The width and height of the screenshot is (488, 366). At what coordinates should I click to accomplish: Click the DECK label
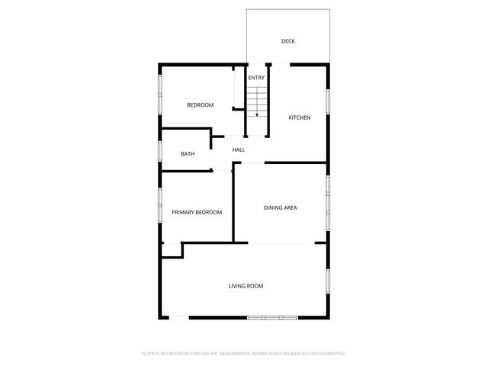coord(287,41)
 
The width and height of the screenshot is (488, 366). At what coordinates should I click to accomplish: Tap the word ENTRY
coord(256,78)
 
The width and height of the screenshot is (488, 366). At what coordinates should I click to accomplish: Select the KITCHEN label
coord(299,117)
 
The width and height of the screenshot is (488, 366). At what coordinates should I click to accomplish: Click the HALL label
coord(239,150)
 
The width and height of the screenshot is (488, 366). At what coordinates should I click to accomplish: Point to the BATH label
coord(188,154)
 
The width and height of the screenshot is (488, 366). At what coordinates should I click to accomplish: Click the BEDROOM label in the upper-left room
coord(201,104)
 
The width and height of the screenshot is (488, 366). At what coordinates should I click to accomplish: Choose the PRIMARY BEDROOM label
coord(197,212)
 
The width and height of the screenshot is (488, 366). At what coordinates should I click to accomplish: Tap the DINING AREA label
coord(280,207)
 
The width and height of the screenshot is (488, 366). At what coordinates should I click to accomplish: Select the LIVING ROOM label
coord(246,286)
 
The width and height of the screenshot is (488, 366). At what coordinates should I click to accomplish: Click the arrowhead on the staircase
coord(257,114)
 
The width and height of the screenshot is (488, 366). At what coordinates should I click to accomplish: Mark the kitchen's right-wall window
coord(328,101)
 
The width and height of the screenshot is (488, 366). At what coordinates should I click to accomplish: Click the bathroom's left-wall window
coord(159,152)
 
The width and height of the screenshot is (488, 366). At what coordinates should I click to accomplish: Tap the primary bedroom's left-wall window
coord(159,207)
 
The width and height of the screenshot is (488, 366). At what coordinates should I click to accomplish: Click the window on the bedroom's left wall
coord(159,95)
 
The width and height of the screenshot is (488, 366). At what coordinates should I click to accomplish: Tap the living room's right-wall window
coord(328,282)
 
